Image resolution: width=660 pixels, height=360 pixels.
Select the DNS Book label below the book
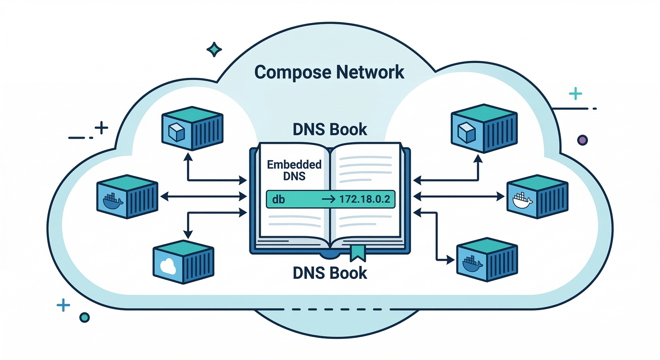[x=330, y=272]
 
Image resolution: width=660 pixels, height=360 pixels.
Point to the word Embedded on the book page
[x=294, y=165]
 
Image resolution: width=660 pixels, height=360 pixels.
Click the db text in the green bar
[x=278, y=199]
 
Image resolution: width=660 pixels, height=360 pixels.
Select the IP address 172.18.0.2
[x=365, y=199]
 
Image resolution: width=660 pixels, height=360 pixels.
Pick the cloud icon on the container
[x=167, y=266]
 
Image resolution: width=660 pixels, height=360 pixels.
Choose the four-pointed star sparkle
[x=214, y=49]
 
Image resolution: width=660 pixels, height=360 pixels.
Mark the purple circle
[x=582, y=140]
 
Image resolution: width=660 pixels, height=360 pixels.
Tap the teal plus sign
[x=575, y=94]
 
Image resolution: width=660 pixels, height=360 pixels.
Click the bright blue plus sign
[x=63, y=306]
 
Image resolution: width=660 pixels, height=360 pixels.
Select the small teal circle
[x=84, y=317]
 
